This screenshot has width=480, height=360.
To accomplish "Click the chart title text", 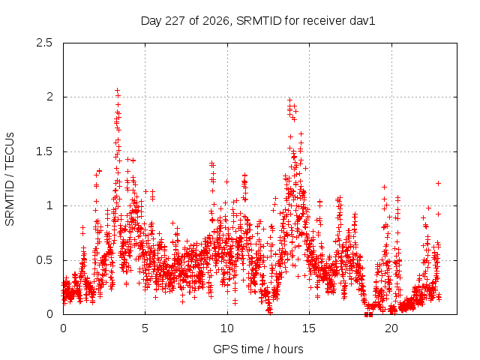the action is point(258,21).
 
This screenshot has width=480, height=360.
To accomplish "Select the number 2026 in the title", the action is point(216,21).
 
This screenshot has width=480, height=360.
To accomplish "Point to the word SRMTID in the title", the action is point(259,21).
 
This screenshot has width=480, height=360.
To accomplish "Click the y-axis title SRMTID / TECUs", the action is point(10,179).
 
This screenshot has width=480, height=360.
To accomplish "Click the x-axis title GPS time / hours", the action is point(258,349).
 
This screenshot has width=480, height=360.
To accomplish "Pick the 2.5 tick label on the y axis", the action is point(44,43).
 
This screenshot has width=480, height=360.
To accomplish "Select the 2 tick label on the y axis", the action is point(49,97).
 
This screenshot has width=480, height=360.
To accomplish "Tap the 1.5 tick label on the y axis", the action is point(44,151).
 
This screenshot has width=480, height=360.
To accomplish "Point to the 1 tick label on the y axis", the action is point(49,205).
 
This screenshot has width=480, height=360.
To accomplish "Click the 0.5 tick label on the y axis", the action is point(44,260).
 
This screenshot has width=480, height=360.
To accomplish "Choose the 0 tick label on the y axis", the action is point(49,314).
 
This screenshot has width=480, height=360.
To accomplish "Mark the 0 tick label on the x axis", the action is point(63,328).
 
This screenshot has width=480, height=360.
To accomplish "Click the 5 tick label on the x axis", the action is point(145,328).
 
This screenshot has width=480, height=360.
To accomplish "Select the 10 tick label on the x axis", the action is point(227,328).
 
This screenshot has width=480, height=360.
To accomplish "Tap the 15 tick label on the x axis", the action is point(309,328).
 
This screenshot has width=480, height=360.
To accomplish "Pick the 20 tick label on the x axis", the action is point(391,328).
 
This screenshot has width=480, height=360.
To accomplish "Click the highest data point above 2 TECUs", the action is point(117,90).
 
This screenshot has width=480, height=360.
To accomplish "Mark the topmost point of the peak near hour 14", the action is point(289,100).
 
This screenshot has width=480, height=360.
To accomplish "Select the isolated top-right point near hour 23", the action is point(438,183).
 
